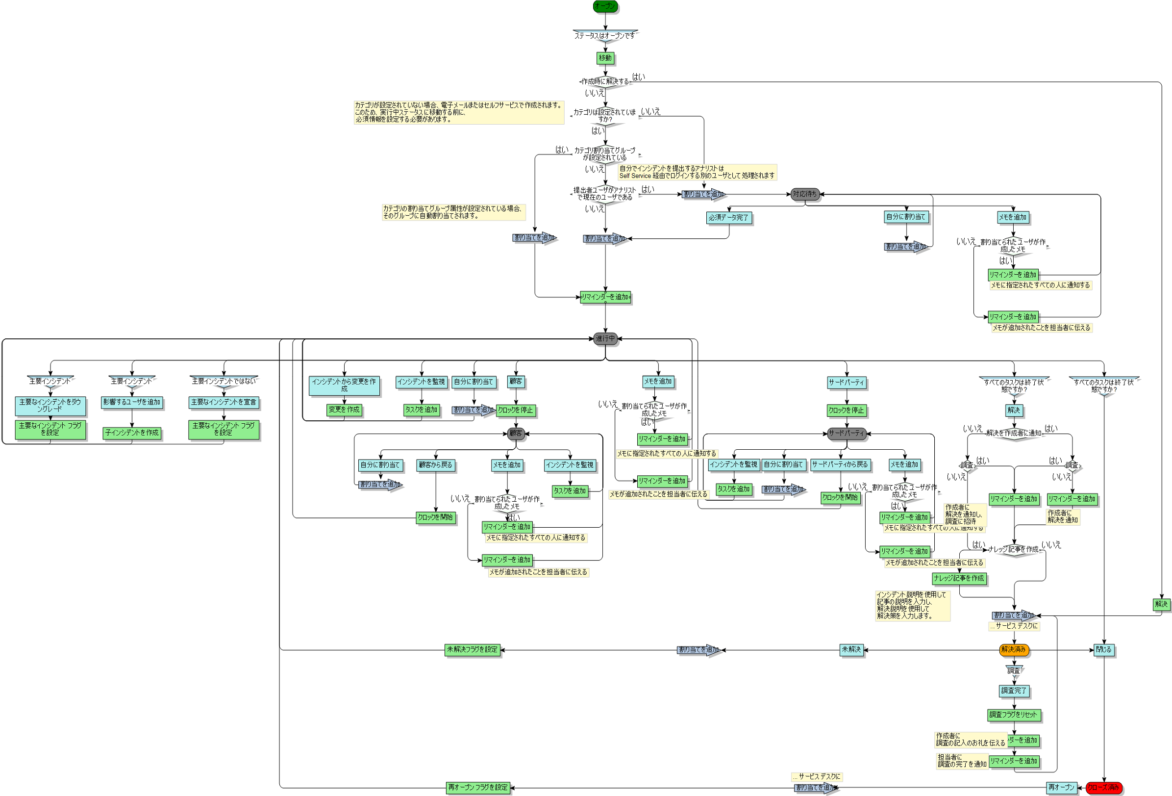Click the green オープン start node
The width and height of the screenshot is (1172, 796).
coord(605,6)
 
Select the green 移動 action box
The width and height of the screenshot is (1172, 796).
coord(605,58)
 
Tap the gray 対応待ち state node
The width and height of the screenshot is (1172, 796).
coord(804,194)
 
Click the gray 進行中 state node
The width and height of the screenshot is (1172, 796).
coord(605,338)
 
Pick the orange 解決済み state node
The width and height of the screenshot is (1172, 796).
coord(1014,650)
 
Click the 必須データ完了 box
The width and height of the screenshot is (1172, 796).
coord(729,217)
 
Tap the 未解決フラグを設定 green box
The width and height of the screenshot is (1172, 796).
coord(472,650)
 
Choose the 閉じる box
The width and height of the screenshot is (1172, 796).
coord(1103,650)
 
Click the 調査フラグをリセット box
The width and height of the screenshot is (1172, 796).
coord(1013,715)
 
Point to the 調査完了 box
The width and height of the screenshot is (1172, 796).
coord(1014,691)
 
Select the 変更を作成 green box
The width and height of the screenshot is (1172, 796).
coord(345,410)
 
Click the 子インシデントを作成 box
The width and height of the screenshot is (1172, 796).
coord(132,433)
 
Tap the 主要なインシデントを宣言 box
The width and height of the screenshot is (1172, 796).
coord(224,402)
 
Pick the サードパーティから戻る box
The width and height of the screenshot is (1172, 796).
coord(840,464)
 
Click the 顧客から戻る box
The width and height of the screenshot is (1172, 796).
coord(436,465)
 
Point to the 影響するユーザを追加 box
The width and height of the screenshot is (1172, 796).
coord(132,402)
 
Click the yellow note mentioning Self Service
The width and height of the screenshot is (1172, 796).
coord(697,172)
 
